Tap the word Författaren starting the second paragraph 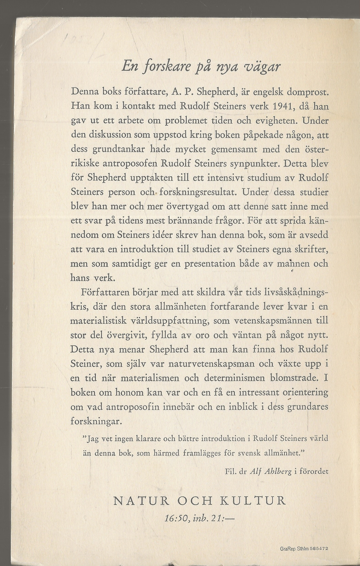103,292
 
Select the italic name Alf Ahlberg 270,472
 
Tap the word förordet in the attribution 313,472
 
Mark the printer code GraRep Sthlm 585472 304,549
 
